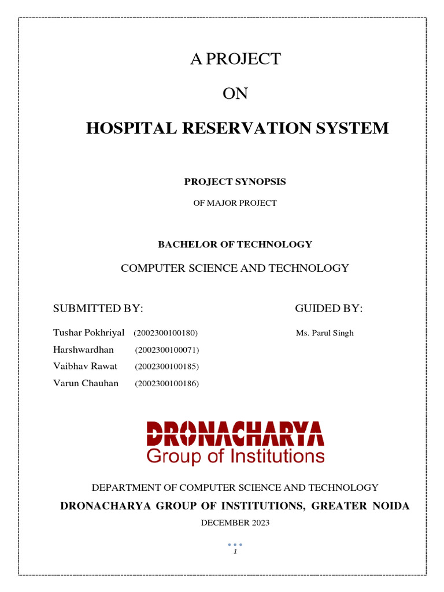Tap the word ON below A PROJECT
(x=235, y=93)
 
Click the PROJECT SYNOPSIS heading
(x=235, y=182)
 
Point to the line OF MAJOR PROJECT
(x=235, y=203)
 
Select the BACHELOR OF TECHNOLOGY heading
(x=235, y=245)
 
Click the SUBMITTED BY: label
(x=98, y=309)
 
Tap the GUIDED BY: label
(x=329, y=309)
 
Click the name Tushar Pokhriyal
(x=88, y=333)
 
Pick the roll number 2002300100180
(x=166, y=334)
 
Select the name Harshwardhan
(x=83, y=350)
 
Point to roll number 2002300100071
(x=167, y=350)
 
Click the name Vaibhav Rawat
(x=85, y=366)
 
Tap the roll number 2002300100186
(x=167, y=383)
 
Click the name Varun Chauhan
(x=86, y=383)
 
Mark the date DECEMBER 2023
(x=235, y=523)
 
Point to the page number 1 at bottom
(x=235, y=552)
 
